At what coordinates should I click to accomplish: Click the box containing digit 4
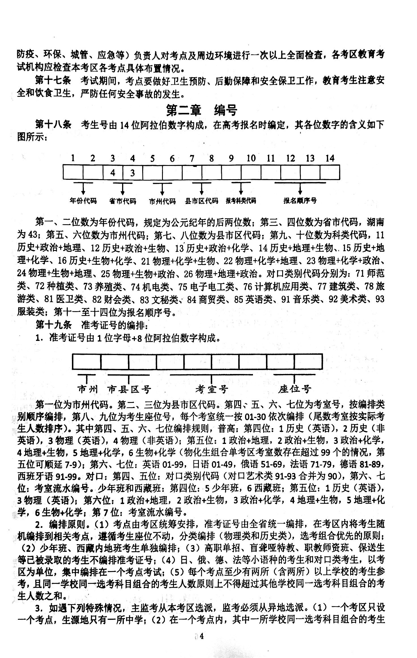pyautogui.click(x=113, y=172)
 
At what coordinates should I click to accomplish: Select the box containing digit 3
pyautogui.click(x=133, y=172)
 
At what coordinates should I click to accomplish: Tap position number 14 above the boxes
pyautogui.click(x=330, y=158)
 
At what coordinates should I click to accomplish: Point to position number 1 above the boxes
pyautogui.click(x=73, y=158)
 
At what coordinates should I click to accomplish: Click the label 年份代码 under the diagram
pyautogui.click(x=83, y=201)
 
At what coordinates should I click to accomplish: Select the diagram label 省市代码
pyautogui.click(x=123, y=201)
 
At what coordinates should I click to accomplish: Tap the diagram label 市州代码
pyautogui.click(x=162, y=201)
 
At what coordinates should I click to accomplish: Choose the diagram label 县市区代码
pyautogui.click(x=202, y=201)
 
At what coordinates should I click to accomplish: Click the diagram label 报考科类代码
pyautogui.click(x=241, y=201)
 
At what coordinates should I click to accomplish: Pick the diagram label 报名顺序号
pyautogui.click(x=300, y=201)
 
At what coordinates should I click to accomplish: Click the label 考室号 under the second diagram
pyautogui.click(x=212, y=390)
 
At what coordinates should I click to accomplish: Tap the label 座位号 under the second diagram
pyautogui.click(x=295, y=390)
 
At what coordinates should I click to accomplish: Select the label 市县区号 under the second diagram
pyautogui.click(x=129, y=390)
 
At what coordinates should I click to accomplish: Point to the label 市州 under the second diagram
pyautogui.click(x=88, y=390)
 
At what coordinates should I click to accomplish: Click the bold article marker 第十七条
pyautogui.click(x=53, y=81)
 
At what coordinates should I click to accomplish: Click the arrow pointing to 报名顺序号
pyautogui.click(x=300, y=189)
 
